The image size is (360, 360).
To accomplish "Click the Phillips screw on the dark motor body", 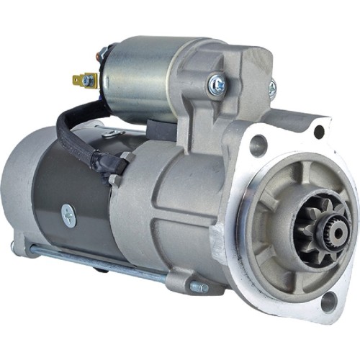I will [x=69, y=214].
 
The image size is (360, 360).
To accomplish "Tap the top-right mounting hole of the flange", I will [x=319, y=131].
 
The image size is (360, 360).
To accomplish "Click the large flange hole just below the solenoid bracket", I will [x=258, y=145].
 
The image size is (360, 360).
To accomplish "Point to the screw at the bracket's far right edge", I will [x=272, y=88].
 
